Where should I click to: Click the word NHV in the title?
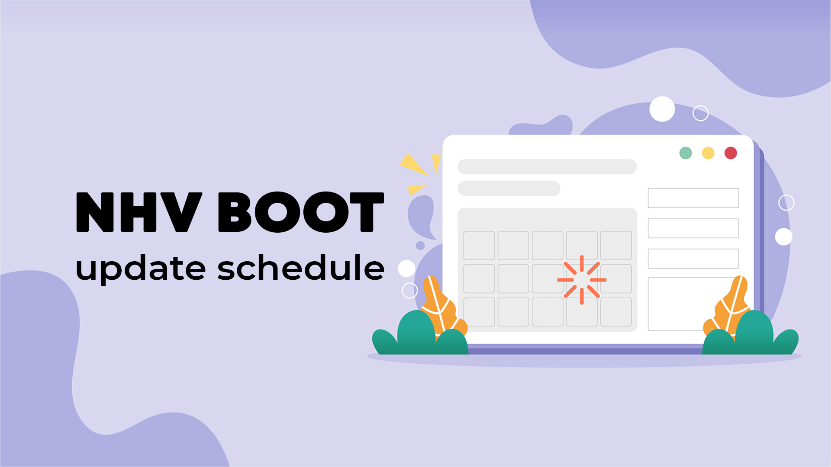click(139, 212)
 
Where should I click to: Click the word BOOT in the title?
click(301, 212)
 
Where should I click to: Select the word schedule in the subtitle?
click(301, 267)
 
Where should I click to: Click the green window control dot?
click(686, 153)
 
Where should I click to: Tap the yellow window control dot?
click(708, 153)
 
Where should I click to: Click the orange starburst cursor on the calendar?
click(582, 280)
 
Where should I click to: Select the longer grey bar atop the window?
click(547, 166)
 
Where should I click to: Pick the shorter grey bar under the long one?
click(509, 189)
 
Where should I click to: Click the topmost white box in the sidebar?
click(693, 198)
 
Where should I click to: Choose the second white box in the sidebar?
click(693, 228)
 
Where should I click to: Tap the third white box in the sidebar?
click(693, 259)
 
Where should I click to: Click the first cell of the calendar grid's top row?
click(479, 246)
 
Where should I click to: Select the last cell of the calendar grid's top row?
click(616, 246)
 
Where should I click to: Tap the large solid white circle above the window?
click(662, 109)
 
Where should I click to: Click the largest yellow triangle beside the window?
click(413, 164)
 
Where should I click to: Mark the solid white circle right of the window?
click(783, 237)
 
